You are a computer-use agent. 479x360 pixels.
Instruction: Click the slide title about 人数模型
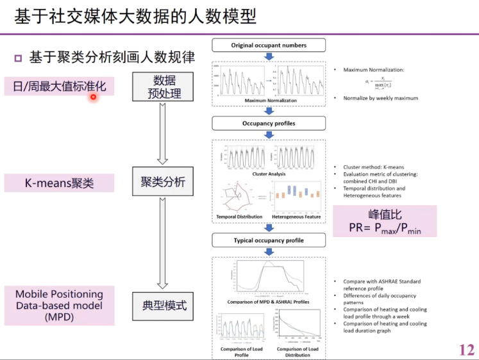pyautogui.click(x=135, y=16)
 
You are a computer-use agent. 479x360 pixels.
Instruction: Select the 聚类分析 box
pyautogui.click(x=164, y=182)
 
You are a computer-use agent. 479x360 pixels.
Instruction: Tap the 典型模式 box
pyautogui.click(x=164, y=306)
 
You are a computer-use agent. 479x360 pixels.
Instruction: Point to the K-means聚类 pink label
pyautogui.click(x=59, y=183)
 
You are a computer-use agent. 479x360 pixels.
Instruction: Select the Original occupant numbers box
pyautogui.click(x=269, y=45)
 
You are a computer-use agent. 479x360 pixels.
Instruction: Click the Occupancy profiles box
pyautogui.click(x=269, y=123)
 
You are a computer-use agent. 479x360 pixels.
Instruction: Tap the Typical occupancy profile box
pyautogui.click(x=269, y=241)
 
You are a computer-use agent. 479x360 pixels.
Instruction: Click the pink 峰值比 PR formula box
pyautogui.click(x=384, y=221)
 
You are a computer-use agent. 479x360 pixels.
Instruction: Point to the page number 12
pyautogui.click(x=467, y=349)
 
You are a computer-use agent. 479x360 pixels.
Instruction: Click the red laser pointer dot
pyautogui.click(x=93, y=97)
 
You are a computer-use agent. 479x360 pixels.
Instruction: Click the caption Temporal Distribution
pyautogui.click(x=239, y=217)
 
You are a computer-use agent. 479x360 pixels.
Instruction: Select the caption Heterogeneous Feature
pyautogui.click(x=296, y=217)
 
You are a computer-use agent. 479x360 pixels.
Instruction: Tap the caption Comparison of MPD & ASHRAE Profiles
pyautogui.click(x=269, y=301)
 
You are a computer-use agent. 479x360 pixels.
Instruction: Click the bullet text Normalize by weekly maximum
pyautogui.click(x=380, y=98)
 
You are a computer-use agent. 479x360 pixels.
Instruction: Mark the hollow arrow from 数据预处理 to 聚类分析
pyautogui.click(x=163, y=135)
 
